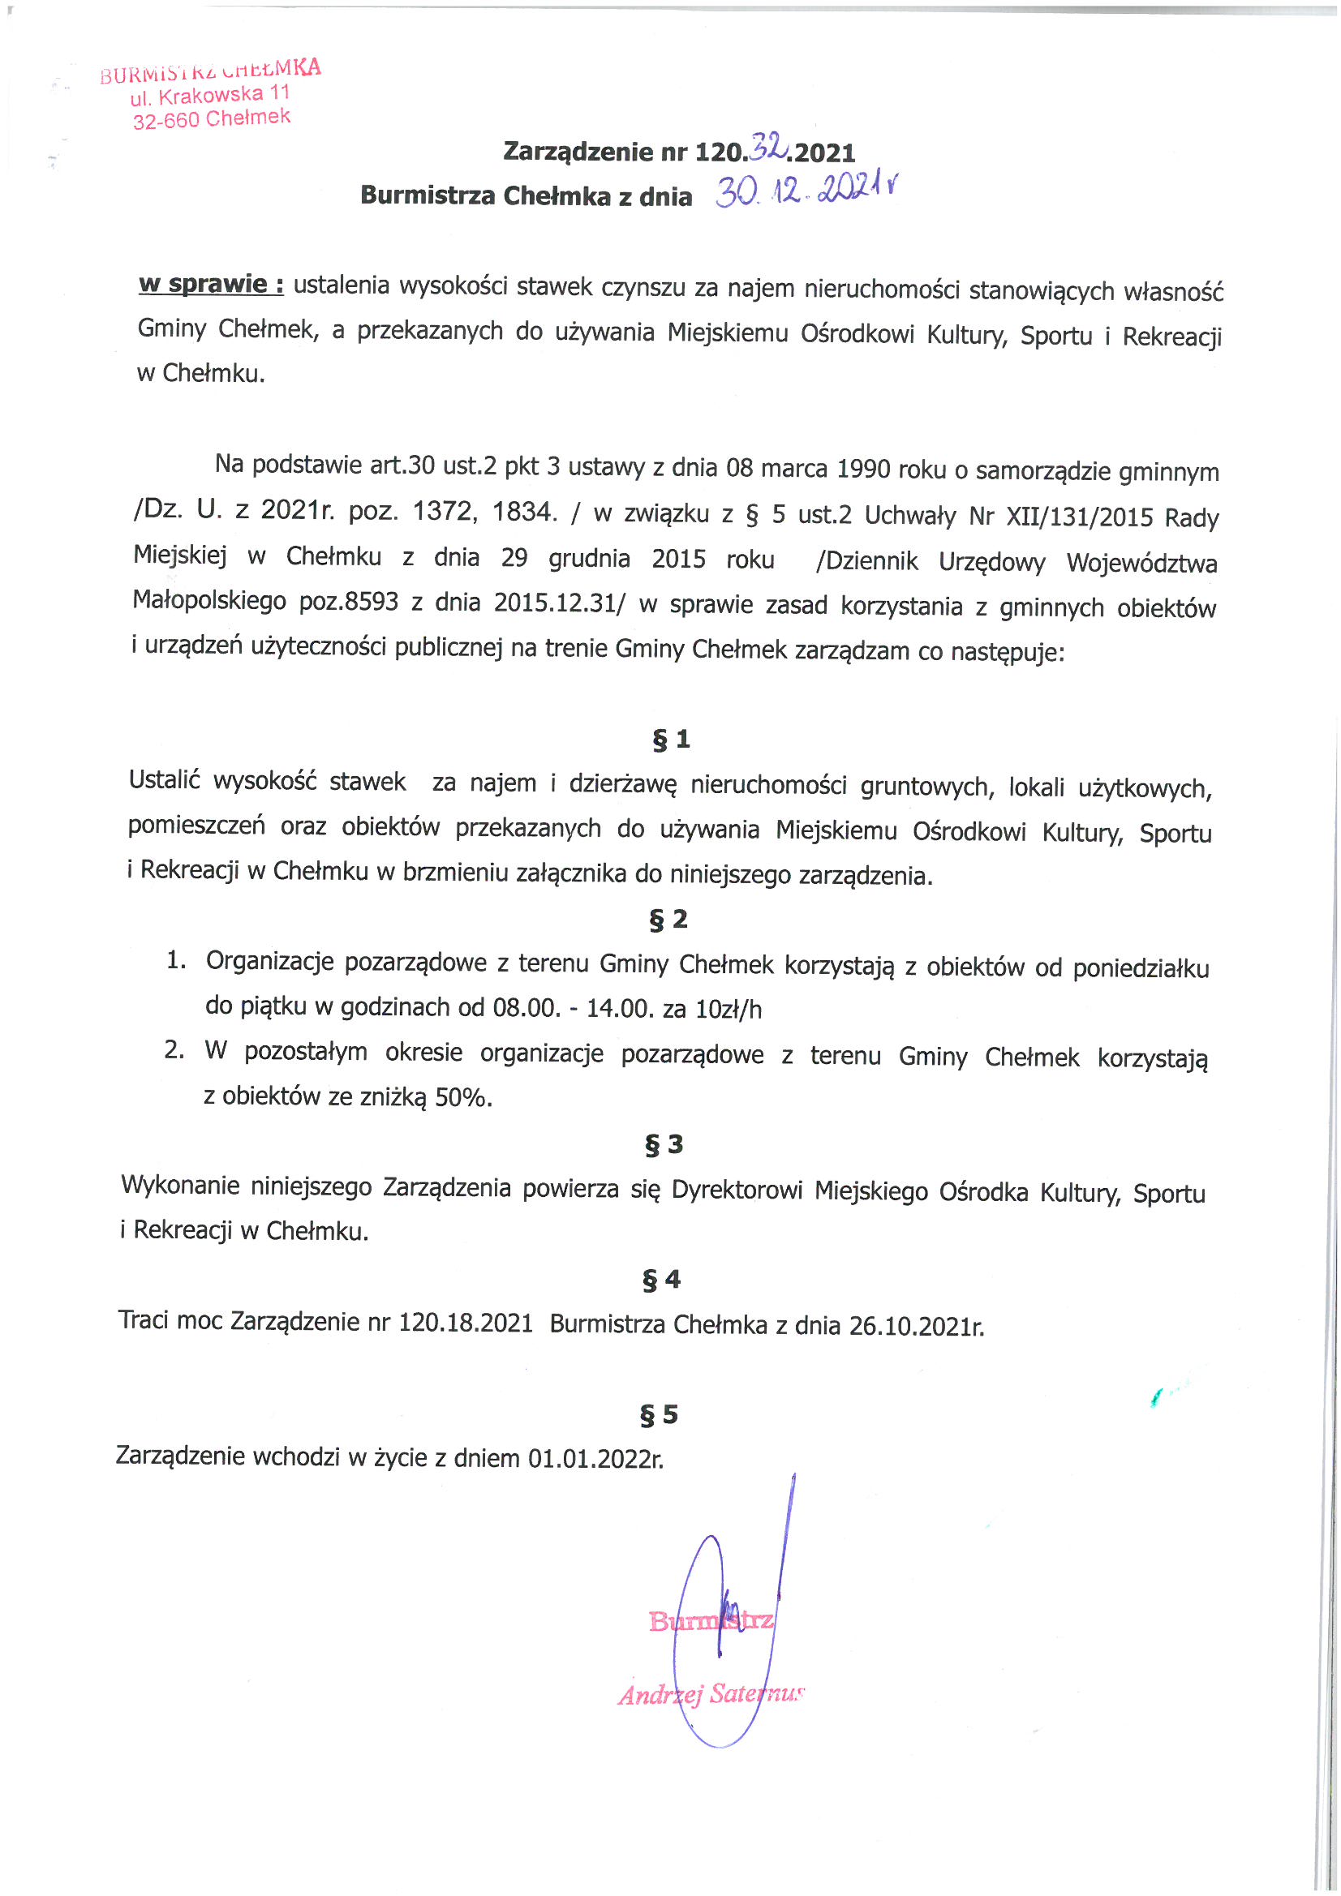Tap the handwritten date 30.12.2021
coord(806,191)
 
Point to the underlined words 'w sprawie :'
coord(211,285)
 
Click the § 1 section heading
coord(671,739)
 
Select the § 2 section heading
coord(668,919)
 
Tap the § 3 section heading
coord(664,1144)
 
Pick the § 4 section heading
coord(662,1279)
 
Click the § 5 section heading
coord(659,1414)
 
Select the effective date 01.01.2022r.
coord(595,1458)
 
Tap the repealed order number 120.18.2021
coord(466,1323)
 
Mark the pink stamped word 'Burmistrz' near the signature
coord(711,1620)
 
